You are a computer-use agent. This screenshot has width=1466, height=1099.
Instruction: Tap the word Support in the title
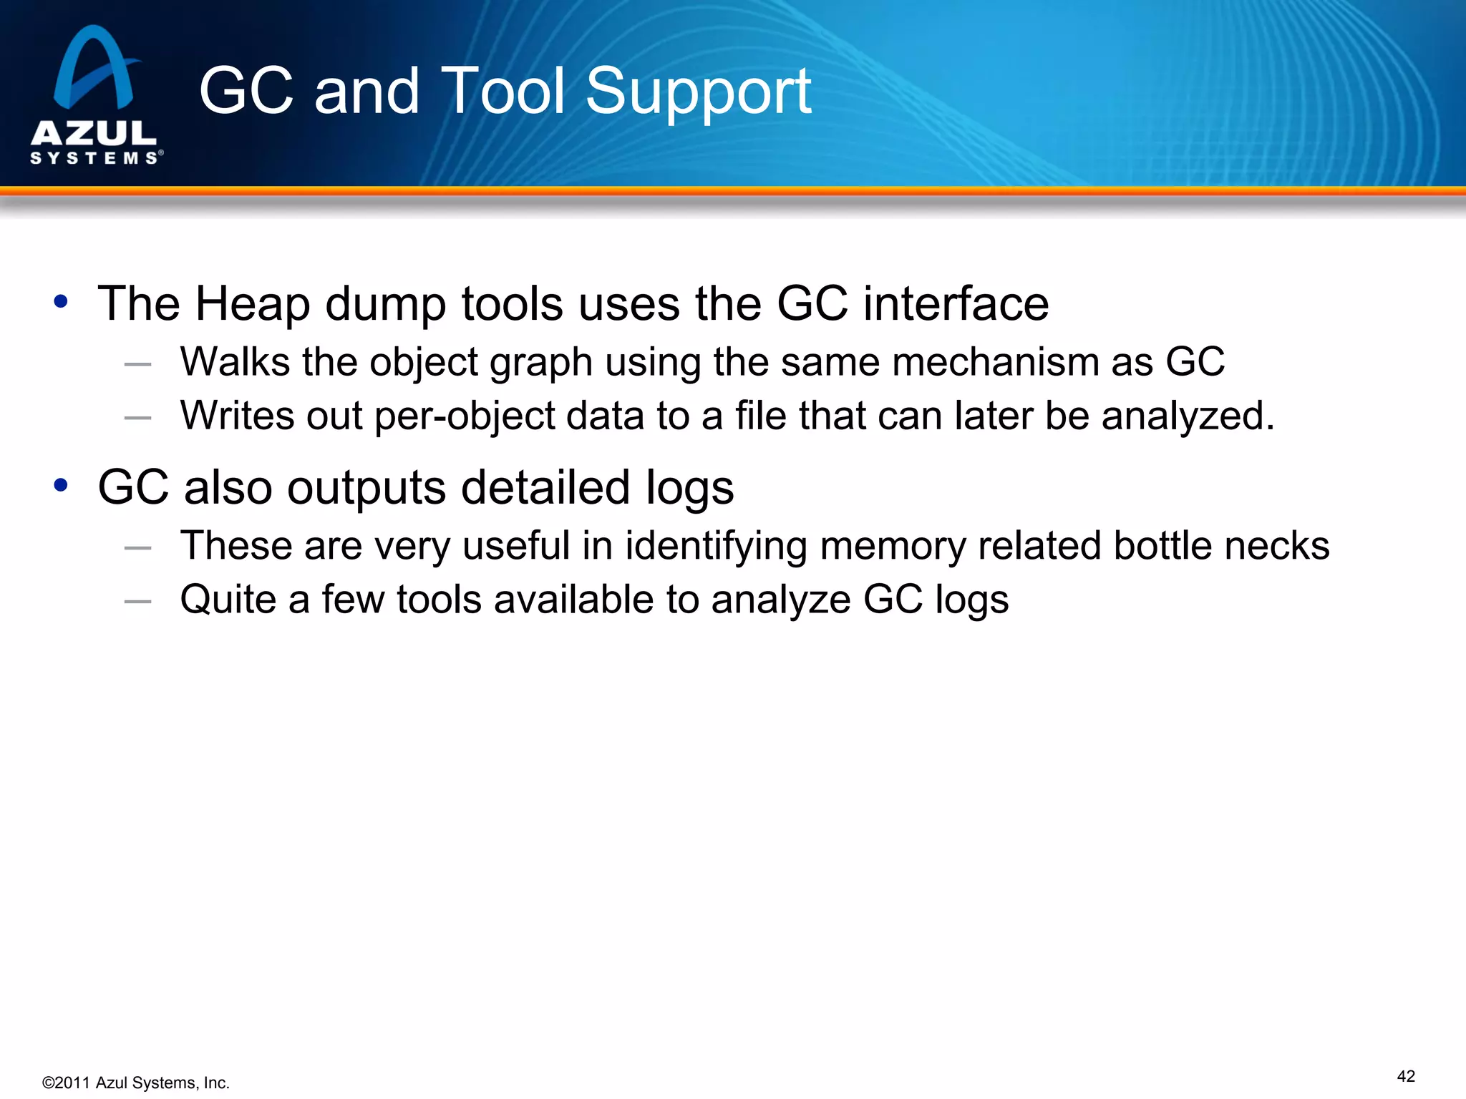coord(698,93)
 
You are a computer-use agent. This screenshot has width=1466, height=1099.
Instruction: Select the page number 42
coord(1406,1076)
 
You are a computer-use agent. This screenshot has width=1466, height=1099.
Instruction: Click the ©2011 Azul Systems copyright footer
coord(136,1083)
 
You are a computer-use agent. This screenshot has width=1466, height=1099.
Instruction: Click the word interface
coord(956,303)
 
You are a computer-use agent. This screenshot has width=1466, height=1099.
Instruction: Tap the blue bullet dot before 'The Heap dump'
coord(61,301)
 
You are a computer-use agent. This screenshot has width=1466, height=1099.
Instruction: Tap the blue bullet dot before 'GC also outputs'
coord(61,485)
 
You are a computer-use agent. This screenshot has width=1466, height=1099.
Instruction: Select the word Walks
coord(235,361)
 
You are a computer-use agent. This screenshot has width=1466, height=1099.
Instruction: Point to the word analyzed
coord(1187,416)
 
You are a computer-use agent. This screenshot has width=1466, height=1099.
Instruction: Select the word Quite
coord(228,600)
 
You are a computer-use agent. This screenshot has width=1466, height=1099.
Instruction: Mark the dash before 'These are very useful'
coord(137,548)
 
